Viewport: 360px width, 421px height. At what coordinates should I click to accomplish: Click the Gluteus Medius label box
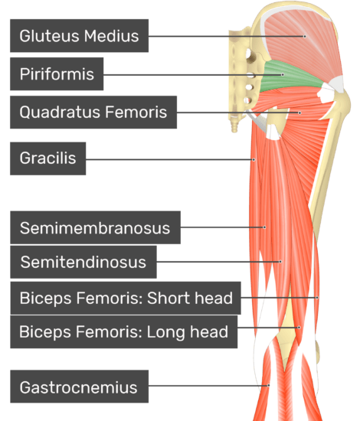pyautogui.click(x=79, y=36)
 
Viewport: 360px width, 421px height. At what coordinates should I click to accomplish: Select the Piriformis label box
pyautogui.click(x=57, y=73)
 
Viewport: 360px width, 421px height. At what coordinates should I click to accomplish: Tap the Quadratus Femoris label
pyautogui.click(x=93, y=112)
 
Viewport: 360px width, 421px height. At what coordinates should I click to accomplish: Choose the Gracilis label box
pyautogui.click(x=47, y=158)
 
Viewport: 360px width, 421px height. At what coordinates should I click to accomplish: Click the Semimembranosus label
pyautogui.click(x=96, y=227)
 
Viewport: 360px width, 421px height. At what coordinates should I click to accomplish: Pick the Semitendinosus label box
pyautogui.click(x=83, y=262)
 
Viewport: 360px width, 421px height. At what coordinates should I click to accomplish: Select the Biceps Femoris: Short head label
pyautogui.click(x=126, y=298)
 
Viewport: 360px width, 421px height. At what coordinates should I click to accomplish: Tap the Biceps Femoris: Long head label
pyautogui.click(x=124, y=332)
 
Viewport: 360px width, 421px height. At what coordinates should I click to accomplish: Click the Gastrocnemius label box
pyautogui.click(x=79, y=387)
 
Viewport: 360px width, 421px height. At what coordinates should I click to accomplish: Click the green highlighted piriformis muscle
pyautogui.click(x=290, y=77)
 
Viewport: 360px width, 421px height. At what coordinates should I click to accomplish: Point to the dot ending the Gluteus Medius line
pyautogui.click(x=305, y=36)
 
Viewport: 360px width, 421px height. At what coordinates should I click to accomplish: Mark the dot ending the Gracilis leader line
pyautogui.click(x=254, y=160)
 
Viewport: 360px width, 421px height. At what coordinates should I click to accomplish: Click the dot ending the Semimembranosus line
pyautogui.click(x=264, y=227)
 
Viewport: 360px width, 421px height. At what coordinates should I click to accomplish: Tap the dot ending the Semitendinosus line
pyautogui.click(x=280, y=262)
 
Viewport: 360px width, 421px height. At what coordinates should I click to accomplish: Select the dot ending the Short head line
pyautogui.click(x=317, y=298)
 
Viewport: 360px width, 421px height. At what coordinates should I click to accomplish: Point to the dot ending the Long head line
pyautogui.click(x=299, y=328)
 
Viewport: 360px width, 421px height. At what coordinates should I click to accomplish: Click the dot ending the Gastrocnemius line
pyautogui.click(x=268, y=386)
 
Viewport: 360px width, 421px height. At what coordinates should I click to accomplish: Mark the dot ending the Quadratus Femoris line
pyautogui.click(x=299, y=113)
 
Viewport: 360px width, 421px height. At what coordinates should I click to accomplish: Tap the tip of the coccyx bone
pyautogui.click(x=234, y=132)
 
